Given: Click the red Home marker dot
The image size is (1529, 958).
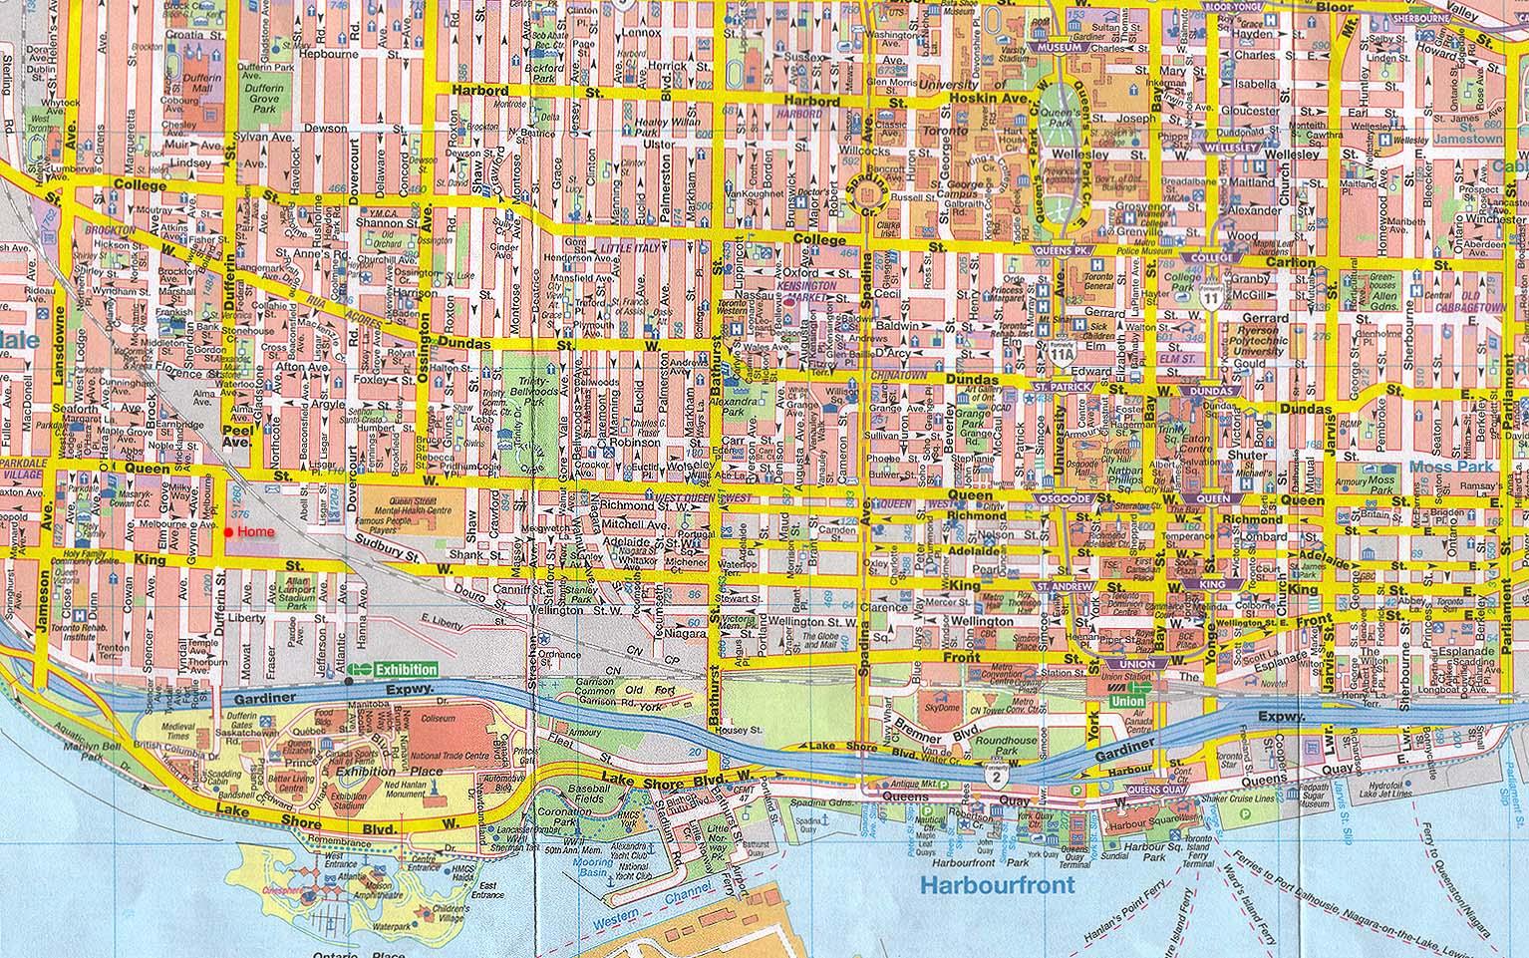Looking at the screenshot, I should pos(229,533).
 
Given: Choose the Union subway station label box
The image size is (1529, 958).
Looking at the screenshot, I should pos(1136,664).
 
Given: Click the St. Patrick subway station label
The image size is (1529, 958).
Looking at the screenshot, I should pos(1058,386).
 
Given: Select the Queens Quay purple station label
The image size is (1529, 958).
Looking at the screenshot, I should pos(1154,789).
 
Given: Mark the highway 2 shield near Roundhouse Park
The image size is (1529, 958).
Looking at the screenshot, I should pos(996,774).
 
